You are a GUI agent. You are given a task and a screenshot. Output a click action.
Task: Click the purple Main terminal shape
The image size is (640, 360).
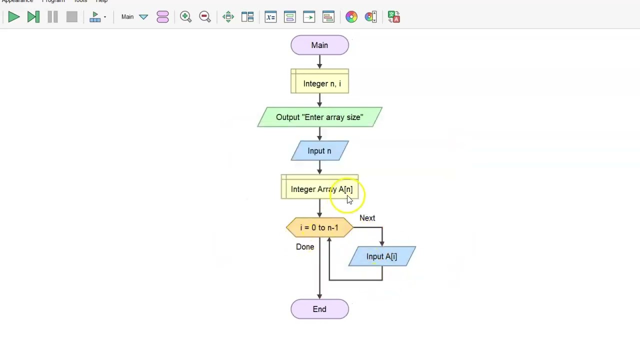319,45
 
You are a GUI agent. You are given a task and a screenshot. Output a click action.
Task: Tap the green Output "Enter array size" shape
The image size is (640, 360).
319,117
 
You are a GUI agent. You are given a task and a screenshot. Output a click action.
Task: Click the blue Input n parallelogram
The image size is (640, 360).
319,150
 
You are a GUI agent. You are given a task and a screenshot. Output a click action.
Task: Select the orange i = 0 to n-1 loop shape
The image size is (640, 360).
319,227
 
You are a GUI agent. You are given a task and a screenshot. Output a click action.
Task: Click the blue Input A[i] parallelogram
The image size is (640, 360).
381,256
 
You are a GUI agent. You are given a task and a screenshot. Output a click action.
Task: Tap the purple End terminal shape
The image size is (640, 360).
319,309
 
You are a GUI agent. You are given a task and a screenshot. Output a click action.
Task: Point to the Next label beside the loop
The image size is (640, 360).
367,218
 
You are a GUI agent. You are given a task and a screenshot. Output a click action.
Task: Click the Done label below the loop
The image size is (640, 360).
305,246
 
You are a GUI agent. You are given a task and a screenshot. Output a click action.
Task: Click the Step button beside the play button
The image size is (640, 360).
33,17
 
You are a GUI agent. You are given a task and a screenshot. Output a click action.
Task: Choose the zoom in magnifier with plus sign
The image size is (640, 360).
185,17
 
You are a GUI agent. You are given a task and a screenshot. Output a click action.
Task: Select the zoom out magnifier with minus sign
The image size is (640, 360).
204,17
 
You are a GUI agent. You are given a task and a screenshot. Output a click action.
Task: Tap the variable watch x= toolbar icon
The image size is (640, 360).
270,17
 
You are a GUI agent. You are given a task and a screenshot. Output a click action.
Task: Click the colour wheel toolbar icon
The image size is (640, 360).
351,17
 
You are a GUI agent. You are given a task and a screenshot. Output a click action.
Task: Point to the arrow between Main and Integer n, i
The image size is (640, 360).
319,61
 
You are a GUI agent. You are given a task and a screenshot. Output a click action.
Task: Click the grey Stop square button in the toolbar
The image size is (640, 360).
71,17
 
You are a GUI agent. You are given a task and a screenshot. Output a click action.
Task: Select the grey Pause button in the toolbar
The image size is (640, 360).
52,17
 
